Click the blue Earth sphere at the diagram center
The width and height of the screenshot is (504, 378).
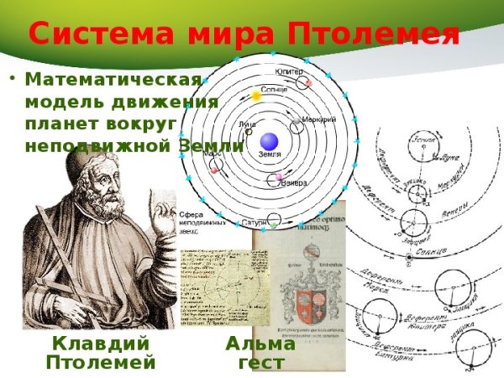268,140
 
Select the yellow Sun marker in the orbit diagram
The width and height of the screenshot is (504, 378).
257,97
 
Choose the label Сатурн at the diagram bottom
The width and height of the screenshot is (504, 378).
255,223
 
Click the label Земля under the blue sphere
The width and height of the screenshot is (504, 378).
270,155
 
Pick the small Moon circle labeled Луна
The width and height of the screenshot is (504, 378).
249,132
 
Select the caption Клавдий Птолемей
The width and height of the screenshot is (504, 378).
101,353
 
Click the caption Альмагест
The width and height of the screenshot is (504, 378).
260,354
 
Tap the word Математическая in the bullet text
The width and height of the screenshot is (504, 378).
113,81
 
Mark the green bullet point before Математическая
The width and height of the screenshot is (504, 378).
13,81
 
